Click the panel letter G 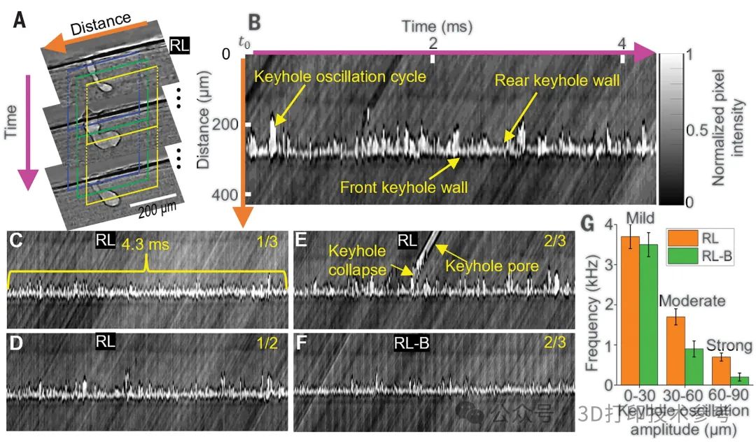590,226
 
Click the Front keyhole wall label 404,187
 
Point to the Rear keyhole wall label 557,80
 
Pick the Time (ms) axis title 437,27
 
